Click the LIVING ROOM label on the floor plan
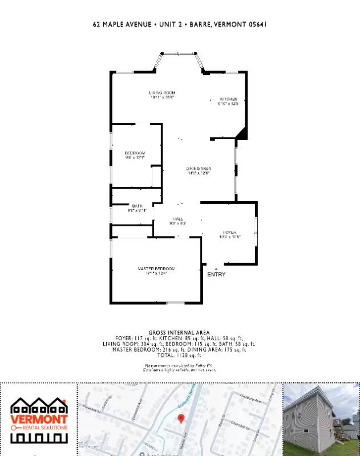coord(162,92)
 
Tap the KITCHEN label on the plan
coord(228,99)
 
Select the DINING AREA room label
coord(199,169)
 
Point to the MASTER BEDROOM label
coord(156,268)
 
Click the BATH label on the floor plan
coord(137,206)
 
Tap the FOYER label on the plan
coord(229,233)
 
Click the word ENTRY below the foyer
coord(216,275)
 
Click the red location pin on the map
coord(181,419)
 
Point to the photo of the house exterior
coord(321,420)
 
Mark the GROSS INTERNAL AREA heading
coord(179,332)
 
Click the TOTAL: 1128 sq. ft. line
coord(179,355)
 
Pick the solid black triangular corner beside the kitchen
coord(242,134)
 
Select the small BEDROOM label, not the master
coord(135,153)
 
